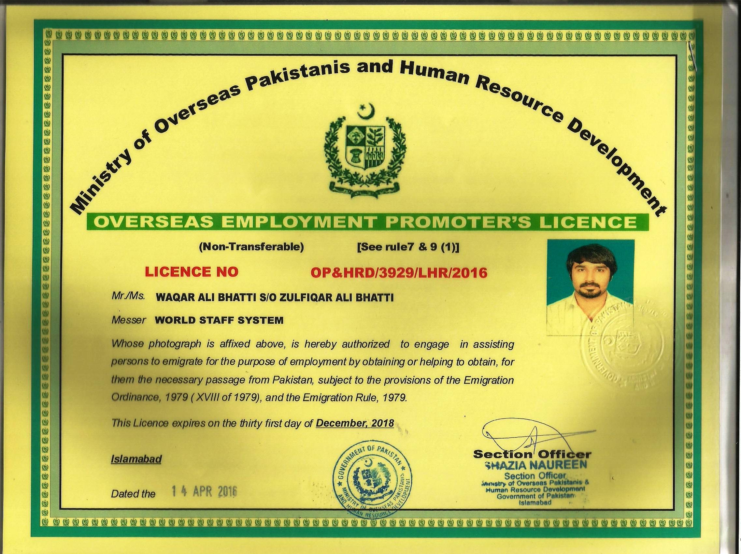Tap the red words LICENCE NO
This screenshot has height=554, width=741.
click(191, 271)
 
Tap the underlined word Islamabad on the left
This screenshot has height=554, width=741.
click(136, 459)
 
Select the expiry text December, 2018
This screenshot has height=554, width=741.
click(355, 423)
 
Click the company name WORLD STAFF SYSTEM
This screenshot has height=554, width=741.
click(219, 320)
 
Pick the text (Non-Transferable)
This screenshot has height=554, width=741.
click(251, 247)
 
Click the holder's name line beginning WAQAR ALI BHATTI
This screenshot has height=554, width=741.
click(274, 297)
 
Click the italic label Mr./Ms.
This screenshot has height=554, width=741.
click(128, 297)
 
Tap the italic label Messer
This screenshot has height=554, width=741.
click(128, 320)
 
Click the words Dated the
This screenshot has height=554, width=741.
click(133, 494)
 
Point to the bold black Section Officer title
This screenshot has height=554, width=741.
click(532, 455)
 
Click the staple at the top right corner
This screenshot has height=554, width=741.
click(693, 60)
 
